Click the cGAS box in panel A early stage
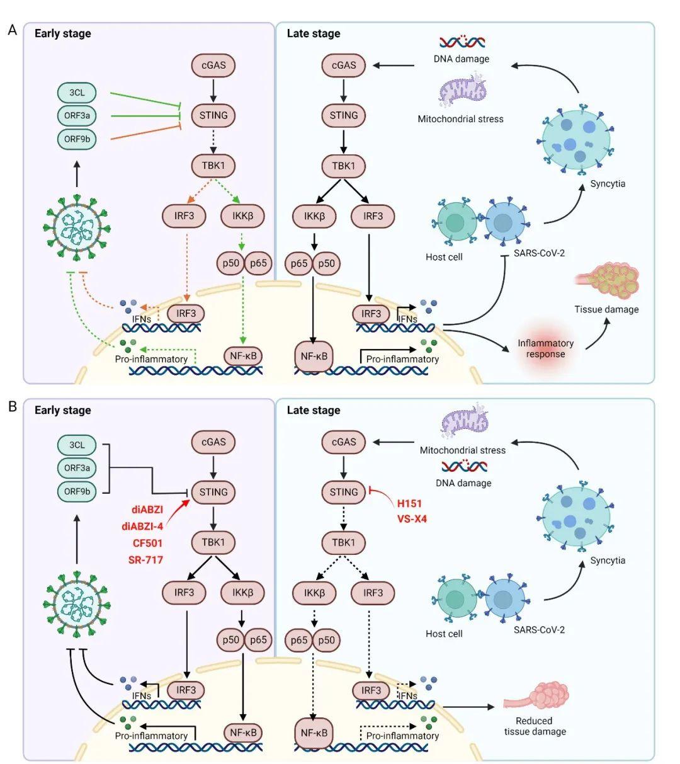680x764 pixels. [x=213, y=65]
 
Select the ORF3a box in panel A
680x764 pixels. [x=77, y=116]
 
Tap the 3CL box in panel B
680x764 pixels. [x=77, y=445]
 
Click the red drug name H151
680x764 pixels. [x=409, y=503]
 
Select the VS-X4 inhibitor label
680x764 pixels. [x=412, y=519]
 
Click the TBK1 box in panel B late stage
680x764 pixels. [x=343, y=542]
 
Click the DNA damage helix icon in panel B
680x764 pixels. [x=463, y=467]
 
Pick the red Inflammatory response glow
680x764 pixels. [x=545, y=348]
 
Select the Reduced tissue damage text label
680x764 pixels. [x=534, y=726]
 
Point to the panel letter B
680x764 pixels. [x=12, y=406]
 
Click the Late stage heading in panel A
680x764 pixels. [x=313, y=33]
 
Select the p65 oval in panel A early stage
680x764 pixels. [x=258, y=263]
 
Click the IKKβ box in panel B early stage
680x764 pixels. [x=242, y=593]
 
